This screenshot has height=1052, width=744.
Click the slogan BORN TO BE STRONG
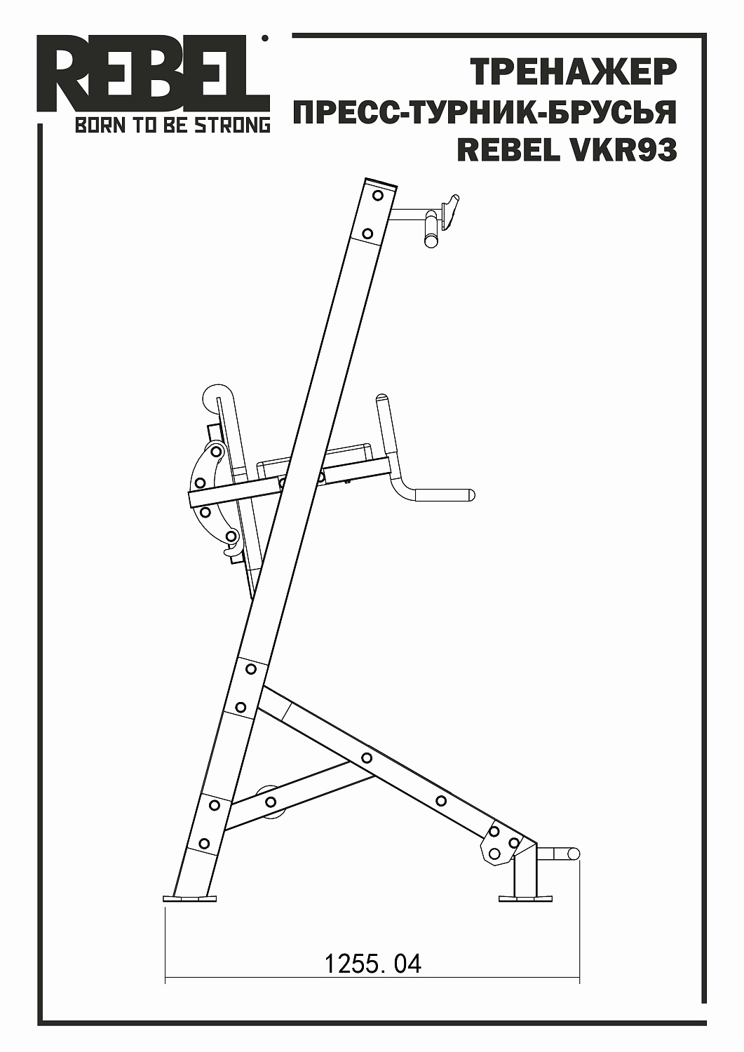click(172, 126)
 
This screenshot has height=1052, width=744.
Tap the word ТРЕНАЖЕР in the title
click(573, 72)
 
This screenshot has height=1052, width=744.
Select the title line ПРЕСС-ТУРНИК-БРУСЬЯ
click(484, 112)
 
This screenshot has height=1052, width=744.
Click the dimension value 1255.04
click(372, 964)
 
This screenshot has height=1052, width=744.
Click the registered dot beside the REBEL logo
click(264, 39)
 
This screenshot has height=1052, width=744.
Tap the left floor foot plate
click(190, 898)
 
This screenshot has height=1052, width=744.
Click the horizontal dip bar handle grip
click(445, 495)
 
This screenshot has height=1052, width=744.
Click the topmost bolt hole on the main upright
click(378, 195)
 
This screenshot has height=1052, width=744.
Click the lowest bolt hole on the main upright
click(204, 843)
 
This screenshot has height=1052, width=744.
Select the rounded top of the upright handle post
click(382, 399)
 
